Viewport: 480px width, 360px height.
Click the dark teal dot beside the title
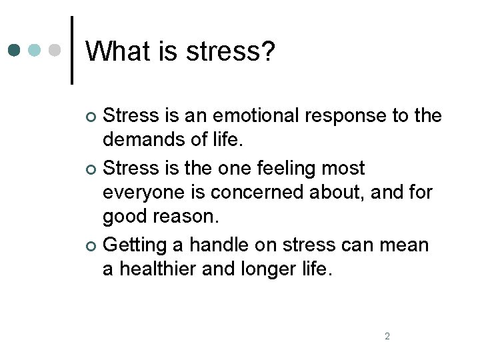click(x=15, y=50)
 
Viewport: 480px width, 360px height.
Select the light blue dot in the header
click(x=35, y=50)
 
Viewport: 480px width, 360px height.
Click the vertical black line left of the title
click(x=72, y=50)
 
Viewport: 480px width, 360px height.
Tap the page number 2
click(x=387, y=336)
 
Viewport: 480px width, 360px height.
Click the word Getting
click(x=137, y=245)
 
